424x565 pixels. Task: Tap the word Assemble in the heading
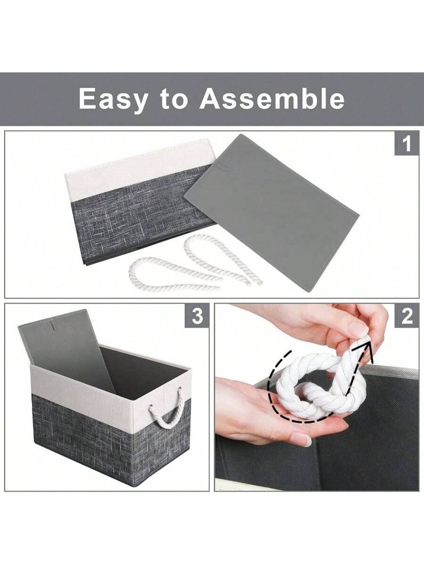[272, 99]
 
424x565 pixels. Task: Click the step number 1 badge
[406, 143]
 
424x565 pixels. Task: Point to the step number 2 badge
[406, 316]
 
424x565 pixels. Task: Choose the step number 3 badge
[197, 316]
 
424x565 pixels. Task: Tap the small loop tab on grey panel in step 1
[221, 167]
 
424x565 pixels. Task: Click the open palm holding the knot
[264, 414]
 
